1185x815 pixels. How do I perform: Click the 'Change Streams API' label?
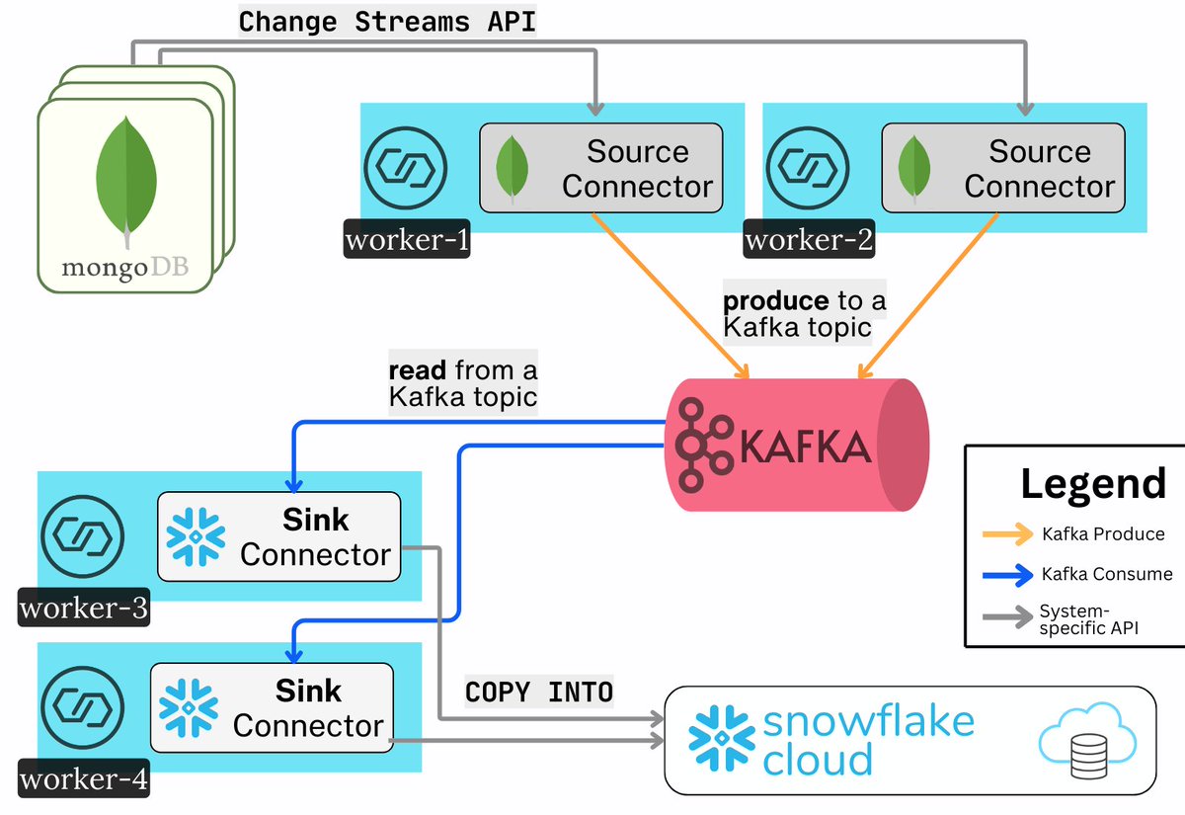387,22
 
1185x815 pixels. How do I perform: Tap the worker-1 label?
407,240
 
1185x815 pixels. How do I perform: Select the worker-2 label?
809,240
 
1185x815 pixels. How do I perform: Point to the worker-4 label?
84,780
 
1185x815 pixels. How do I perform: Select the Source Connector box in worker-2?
1002,168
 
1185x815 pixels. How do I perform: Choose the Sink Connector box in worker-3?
279,536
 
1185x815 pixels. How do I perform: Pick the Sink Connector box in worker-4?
272,707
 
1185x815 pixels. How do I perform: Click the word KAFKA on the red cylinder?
805,448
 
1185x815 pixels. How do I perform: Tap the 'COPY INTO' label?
539,692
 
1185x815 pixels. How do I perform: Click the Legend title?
1092,484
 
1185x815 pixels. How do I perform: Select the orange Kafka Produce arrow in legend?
1007,534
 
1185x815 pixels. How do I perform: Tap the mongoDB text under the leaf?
125,268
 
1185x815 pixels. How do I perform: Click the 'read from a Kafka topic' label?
462,383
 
